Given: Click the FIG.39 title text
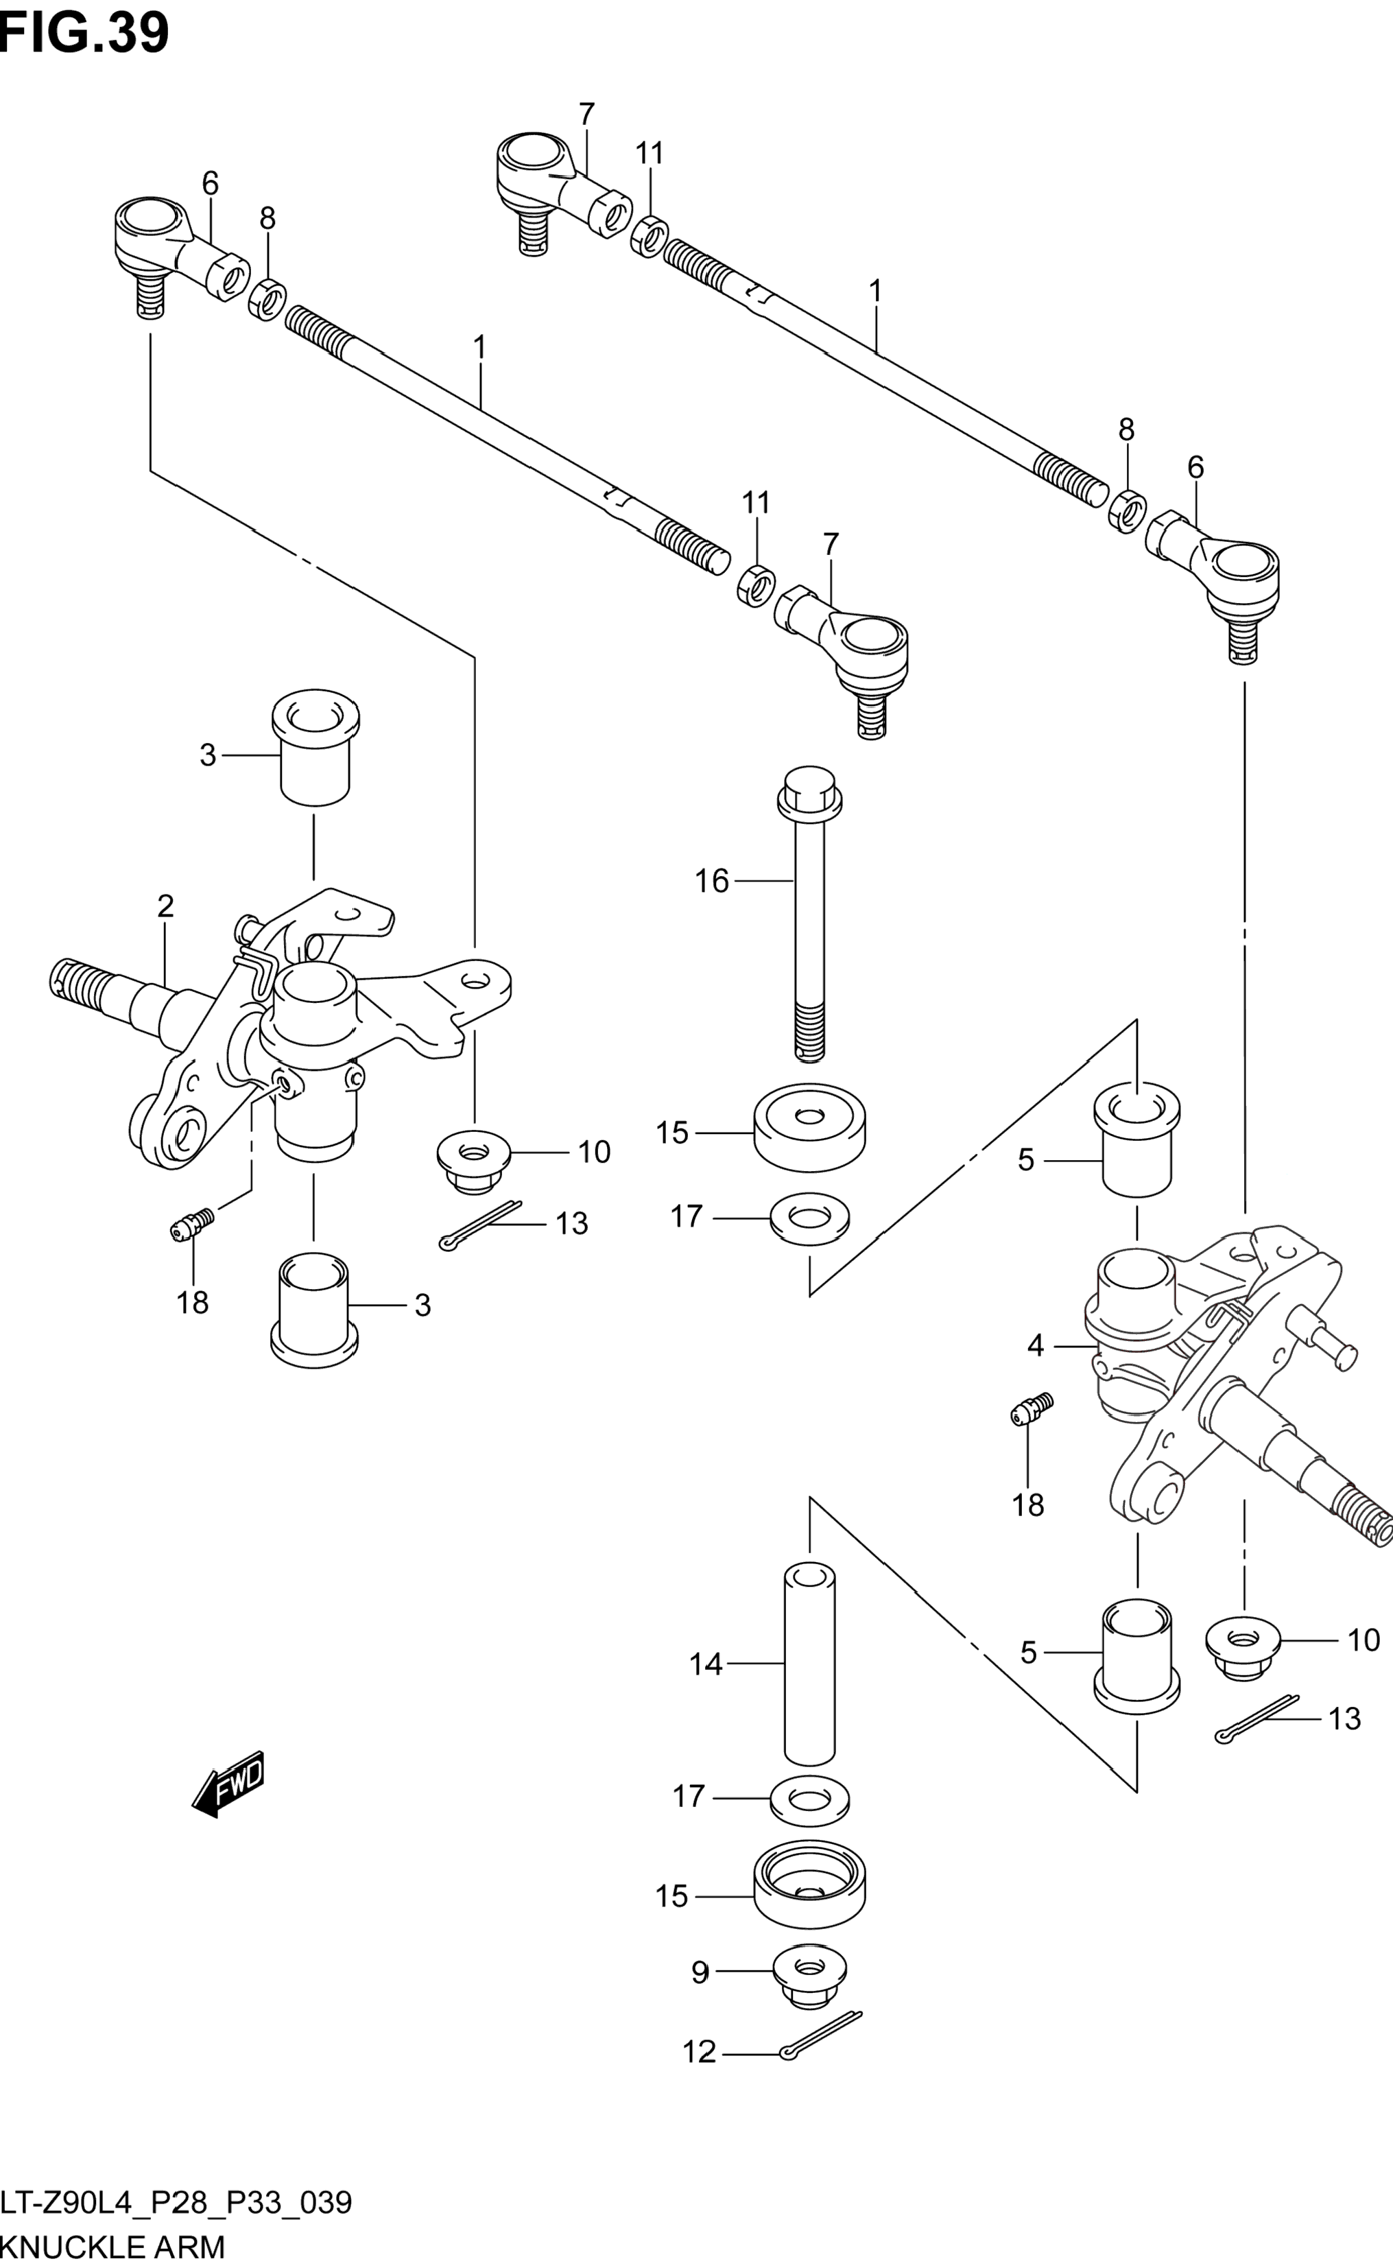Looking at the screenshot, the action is (85, 32).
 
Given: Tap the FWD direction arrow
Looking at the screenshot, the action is (228, 1784).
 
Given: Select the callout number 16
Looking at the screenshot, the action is (712, 882).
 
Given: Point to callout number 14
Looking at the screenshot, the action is (706, 1664).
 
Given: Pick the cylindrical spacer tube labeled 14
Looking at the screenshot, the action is (810, 1664).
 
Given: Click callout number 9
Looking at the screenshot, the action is (700, 1972).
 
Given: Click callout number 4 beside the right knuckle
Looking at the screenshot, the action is (1036, 1346).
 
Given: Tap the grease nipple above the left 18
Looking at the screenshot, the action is (193, 1225).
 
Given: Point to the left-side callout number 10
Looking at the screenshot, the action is (594, 1152).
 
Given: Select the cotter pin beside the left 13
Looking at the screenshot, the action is (480, 1226).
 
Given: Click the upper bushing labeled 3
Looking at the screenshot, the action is (315, 747).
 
